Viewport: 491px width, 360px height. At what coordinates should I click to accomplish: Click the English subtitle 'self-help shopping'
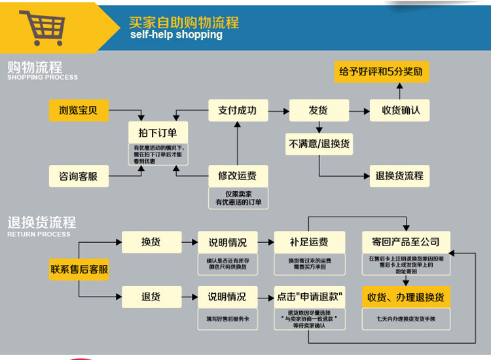[176, 35]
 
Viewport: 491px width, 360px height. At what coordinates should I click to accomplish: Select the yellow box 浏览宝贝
[79, 110]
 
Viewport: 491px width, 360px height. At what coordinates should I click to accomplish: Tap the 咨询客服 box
[79, 176]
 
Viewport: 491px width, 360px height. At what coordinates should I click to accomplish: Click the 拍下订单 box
[158, 130]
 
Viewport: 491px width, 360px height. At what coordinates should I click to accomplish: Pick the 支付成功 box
[237, 110]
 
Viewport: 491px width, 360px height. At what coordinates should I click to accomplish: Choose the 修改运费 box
[237, 175]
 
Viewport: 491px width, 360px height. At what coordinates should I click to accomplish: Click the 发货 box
[318, 110]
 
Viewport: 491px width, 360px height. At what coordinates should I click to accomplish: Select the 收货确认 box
[400, 110]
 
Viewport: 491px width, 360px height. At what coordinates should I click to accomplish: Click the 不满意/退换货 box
[319, 143]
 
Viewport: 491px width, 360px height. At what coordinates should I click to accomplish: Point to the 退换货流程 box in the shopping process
[399, 175]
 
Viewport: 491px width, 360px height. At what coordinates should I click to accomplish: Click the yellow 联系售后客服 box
[79, 269]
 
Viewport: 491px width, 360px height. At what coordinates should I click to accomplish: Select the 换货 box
[151, 242]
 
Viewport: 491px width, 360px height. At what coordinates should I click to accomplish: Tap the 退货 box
[151, 297]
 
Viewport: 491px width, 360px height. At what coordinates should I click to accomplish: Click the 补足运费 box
[309, 242]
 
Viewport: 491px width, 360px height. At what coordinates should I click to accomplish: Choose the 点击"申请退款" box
[309, 297]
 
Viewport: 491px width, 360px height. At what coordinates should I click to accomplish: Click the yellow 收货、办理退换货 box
[405, 297]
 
